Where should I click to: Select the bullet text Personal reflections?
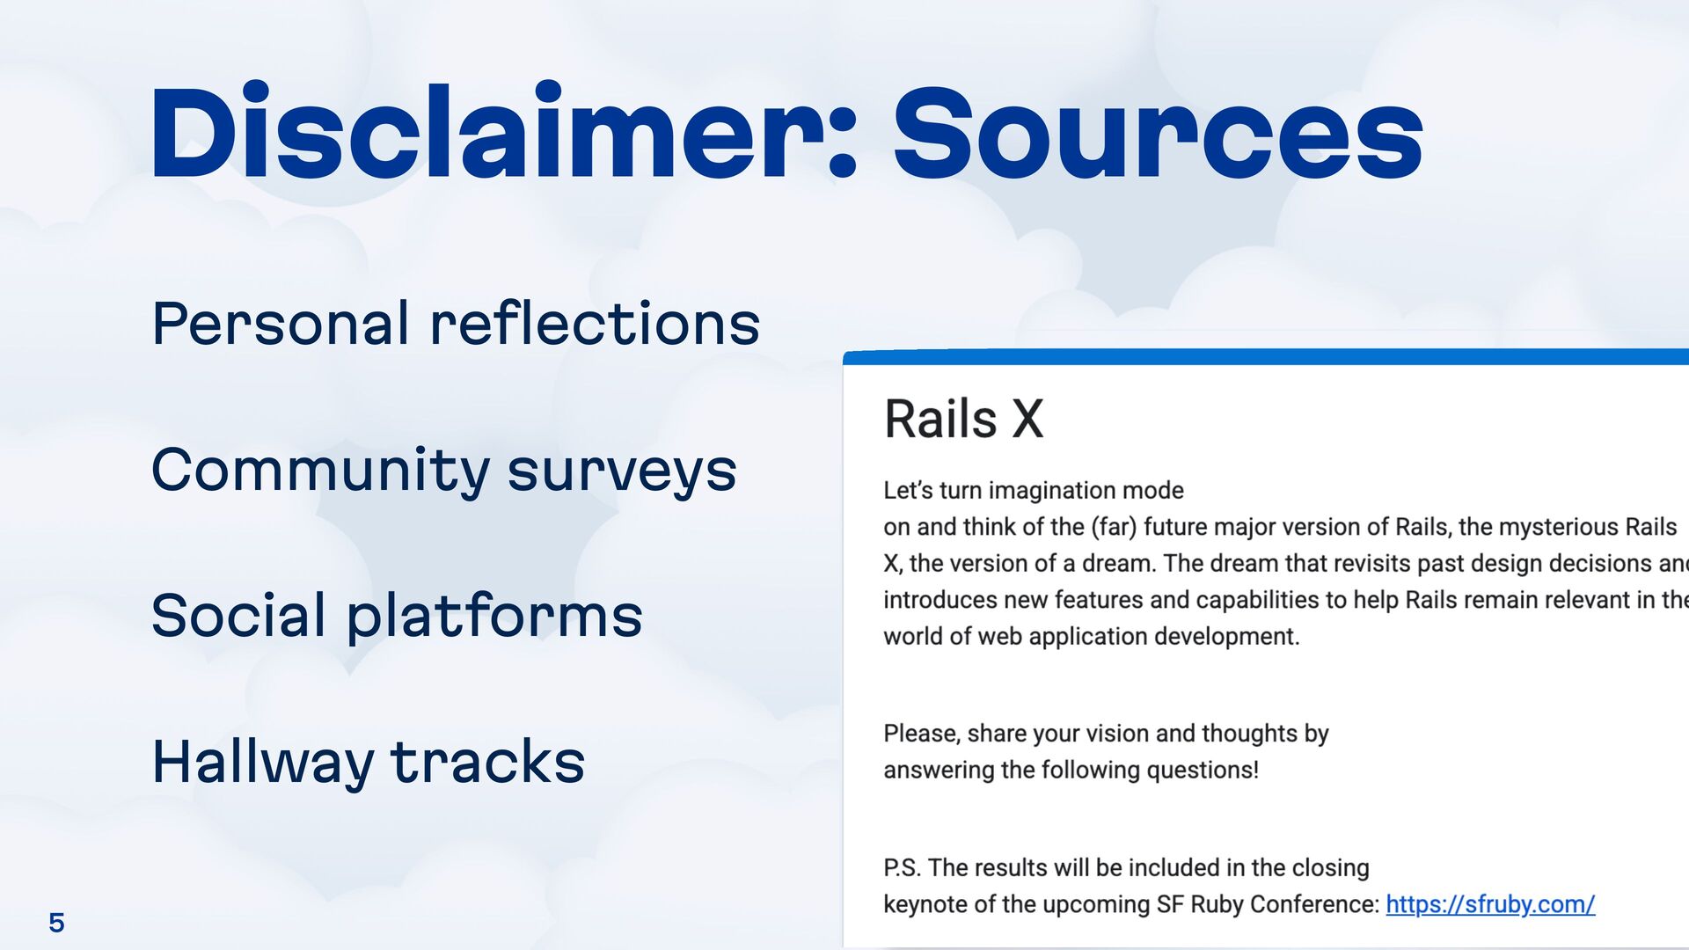(x=455, y=324)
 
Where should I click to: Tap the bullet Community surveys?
(x=443, y=470)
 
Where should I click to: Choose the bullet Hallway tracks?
(x=368, y=762)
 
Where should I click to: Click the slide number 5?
(x=56, y=923)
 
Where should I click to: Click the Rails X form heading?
(x=963, y=419)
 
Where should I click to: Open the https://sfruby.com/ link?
(x=1490, y=904)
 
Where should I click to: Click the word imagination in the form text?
(x=1057, y=491)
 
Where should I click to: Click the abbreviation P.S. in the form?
(x=902, y=868)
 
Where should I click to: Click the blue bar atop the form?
(x=1265, y=357)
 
